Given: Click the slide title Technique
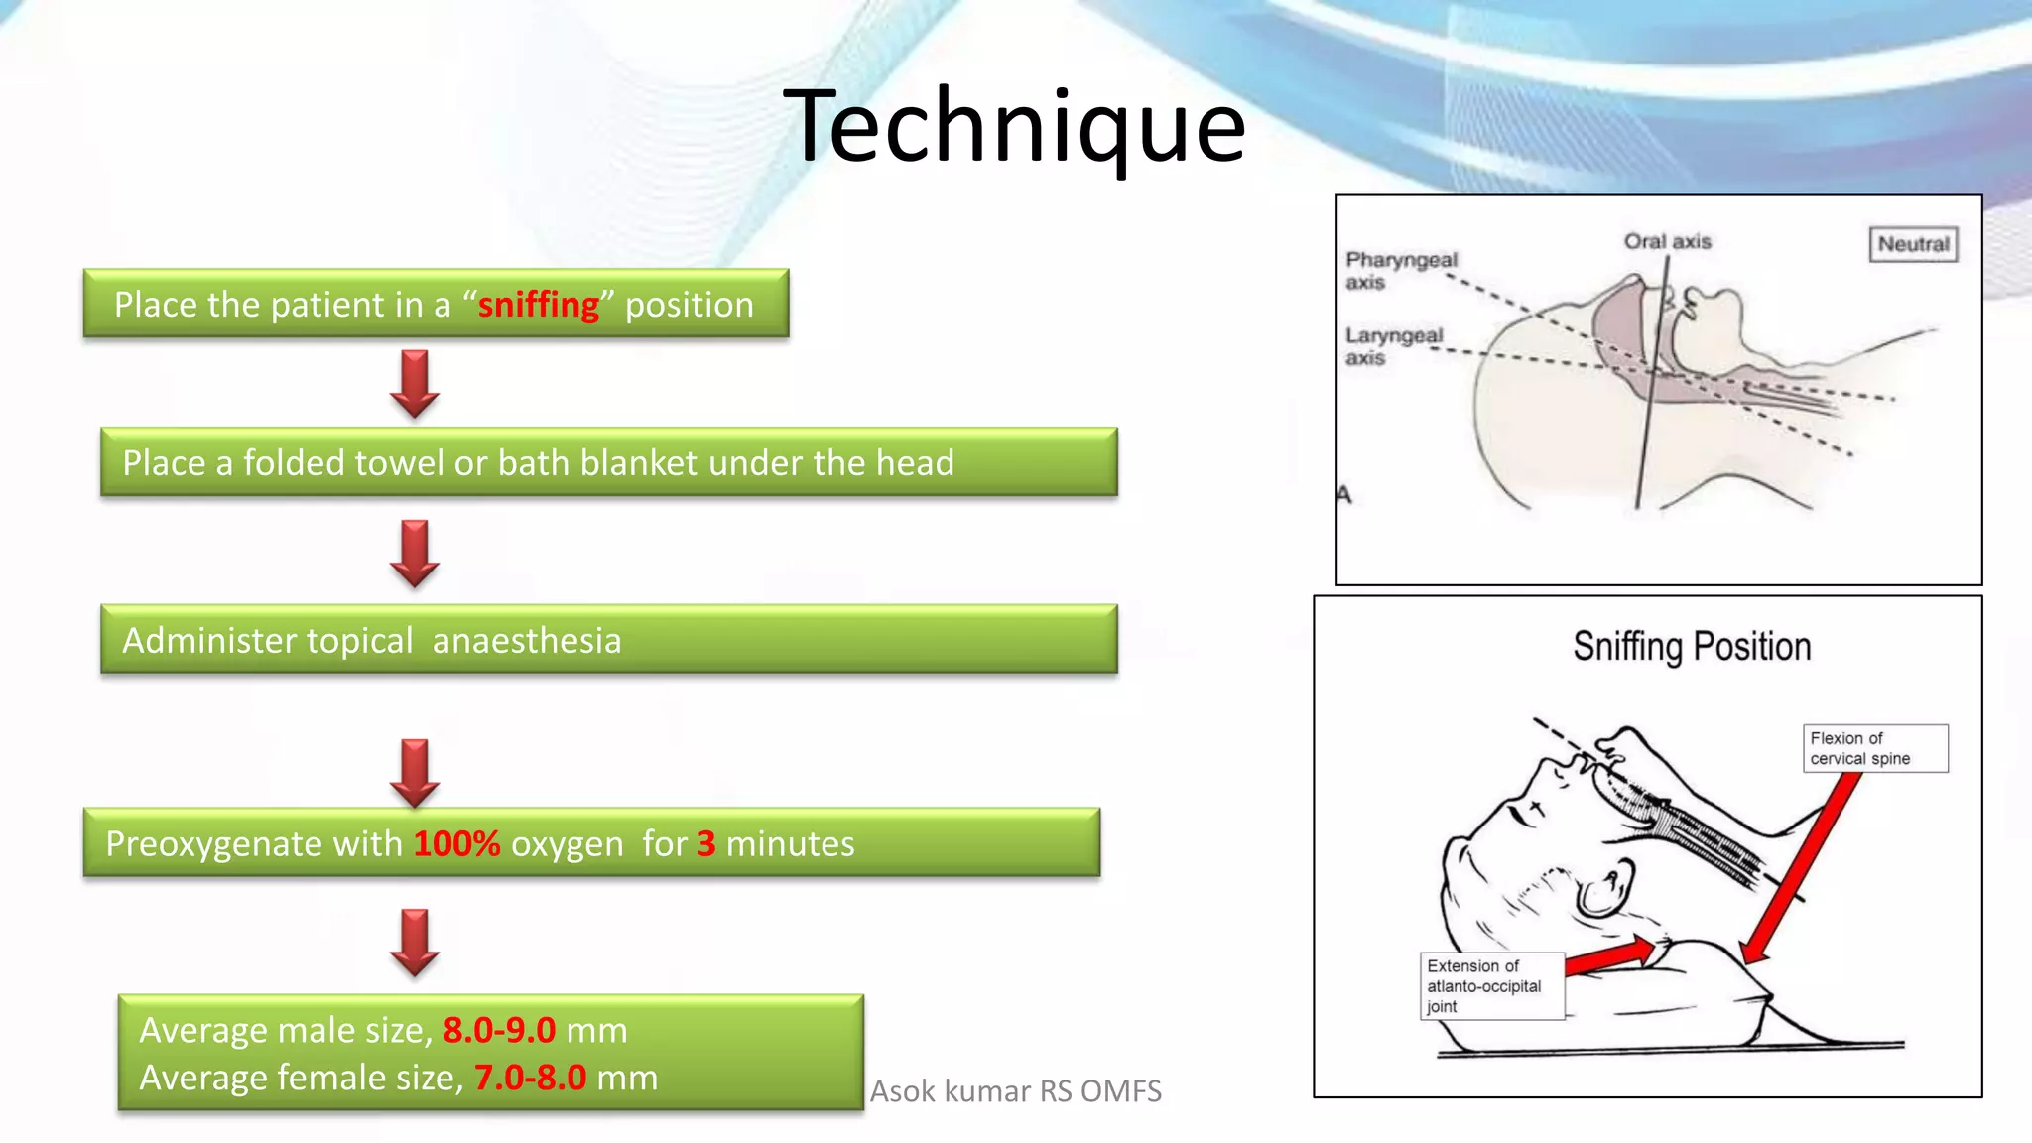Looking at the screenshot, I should click(x=1014, y=126).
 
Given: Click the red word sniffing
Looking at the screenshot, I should click(x=539, y=305).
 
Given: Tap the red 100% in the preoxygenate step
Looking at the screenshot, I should click(x=456, y=843).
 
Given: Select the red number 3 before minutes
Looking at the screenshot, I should click(x=706, y=843).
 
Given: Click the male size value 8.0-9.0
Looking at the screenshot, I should click(x=499, y=1030).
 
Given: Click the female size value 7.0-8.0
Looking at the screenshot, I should click(x=530, y=1078).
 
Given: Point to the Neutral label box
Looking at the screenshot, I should click(x=1913, y=244).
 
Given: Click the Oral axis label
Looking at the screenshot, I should click(x=1667, y=241).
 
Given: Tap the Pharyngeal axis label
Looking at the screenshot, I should click(x=1400, y=270).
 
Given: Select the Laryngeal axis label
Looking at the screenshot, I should click(x=1393, y=346).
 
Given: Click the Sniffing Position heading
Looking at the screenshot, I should click(x=1692, y=647).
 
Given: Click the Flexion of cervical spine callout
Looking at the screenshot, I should click(x=1874, y=748).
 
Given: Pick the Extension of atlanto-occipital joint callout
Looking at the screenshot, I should click(x=1491, y=985).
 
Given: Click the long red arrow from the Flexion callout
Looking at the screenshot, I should click(x=1801, y=868).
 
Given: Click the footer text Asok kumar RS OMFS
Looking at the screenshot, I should click(x=1015, y=1091).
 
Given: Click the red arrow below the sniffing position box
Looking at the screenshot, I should click(x=415, y=383).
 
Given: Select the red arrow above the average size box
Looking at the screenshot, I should click(x=415, y=942).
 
